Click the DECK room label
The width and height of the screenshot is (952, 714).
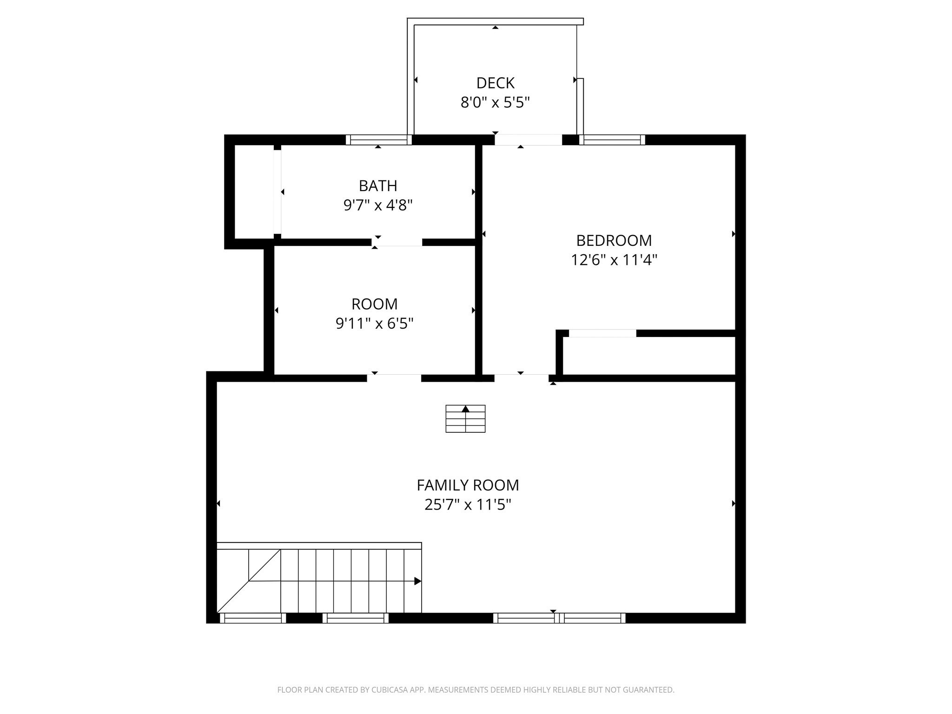[495, 83]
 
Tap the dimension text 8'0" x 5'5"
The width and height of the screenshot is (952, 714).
[495, 102]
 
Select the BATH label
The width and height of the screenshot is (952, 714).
[378, 185]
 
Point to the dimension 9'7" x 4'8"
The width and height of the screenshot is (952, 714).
[378, 205]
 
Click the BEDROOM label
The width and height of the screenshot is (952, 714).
[614, 240]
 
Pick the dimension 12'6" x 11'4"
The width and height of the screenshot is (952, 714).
[614, 260]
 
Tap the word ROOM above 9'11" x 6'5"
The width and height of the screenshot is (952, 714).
[374, 304]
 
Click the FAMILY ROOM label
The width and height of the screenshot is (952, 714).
[468, 485]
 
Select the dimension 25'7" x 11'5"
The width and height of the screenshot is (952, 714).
[468, 505]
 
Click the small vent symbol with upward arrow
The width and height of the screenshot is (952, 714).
[465, 418]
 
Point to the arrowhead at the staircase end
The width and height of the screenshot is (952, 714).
[417, 581]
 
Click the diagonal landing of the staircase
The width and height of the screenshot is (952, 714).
[249, 581]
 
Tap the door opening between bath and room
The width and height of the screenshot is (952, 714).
[397, 242]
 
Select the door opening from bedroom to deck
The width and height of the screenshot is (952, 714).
[528, 139]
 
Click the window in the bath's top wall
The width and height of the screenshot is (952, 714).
[378, 139]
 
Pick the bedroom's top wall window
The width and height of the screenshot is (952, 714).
[612, 139]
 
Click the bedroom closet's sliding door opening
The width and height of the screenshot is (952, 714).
[602, 333]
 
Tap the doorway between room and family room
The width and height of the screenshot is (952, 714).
[394, 378]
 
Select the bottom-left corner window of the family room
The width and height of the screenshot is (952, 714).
[252, 618]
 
